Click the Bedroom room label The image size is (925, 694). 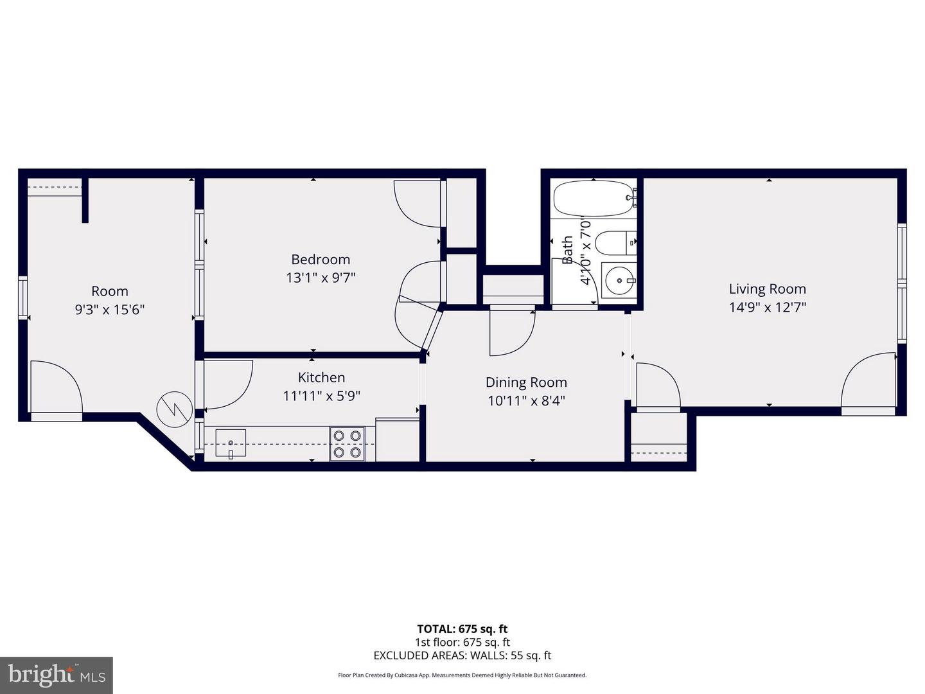[x=321, y=260]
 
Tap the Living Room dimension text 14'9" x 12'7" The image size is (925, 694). [x=767, y=307]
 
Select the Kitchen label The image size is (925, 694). [x=321, y=378]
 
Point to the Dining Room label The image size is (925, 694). [x=526, y=382]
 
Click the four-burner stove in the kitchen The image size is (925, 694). [x=347, y=444]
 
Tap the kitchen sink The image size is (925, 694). [x=231, y=443]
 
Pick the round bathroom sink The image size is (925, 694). [x=619, y=281]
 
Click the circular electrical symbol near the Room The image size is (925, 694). [x=174, y=407]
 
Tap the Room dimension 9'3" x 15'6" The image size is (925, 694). [x=110, y=310]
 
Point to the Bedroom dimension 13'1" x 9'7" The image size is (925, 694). [x=321, y=278]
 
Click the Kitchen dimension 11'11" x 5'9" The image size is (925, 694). [x=321, y=396]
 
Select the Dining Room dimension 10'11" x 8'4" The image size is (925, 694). [x=526, y=400]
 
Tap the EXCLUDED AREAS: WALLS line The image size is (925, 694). [x=462, y=655]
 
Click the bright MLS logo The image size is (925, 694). [x=56, y=675]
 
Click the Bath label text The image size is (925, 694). [x=568, y=250]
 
